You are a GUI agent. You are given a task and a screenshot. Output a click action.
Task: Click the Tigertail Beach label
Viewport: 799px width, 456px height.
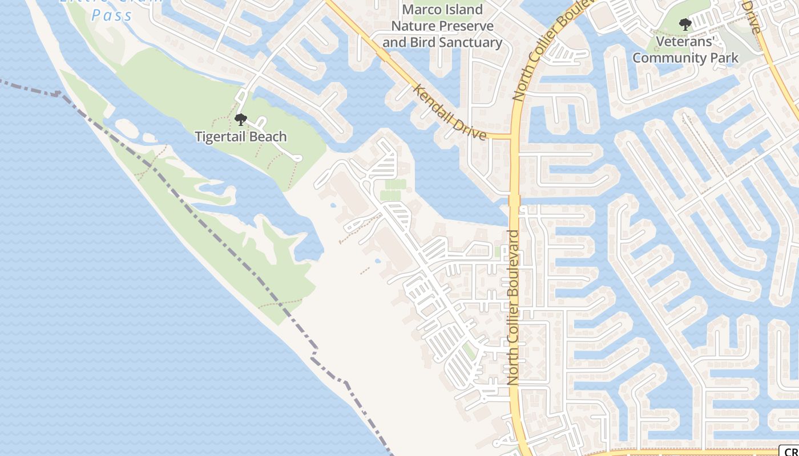pyautogui.click(x=240, y=137)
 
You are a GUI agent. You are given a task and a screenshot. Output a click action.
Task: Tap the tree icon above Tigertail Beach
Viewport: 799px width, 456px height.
pyautogui.click(x=240, y=120)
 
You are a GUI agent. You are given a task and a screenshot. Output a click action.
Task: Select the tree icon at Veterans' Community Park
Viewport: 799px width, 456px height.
pyautogui.click(x=685, y=25)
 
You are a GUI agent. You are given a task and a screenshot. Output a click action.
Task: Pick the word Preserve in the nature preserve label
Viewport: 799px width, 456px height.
pyautogui.click(x=466, y=26)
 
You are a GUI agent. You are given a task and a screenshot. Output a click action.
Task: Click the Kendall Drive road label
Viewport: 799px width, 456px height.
pyautogui.click(x=450, y=112)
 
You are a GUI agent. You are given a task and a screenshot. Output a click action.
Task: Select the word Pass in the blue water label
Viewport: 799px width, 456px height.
pyautogui.click(x=112, y=15)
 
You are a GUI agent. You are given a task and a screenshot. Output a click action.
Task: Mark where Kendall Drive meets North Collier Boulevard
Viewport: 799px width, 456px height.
pyautogui.click(x=513, y=137)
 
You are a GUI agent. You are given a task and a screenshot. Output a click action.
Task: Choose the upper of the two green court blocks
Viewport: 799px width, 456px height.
pyautogui.click(x=396, y=184)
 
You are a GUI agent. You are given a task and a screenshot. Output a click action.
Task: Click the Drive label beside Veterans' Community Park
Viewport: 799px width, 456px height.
pyautogui.click(x=753, y=17)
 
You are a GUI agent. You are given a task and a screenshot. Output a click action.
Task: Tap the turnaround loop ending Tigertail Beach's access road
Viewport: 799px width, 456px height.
pyautogui.click(x=296, y=158)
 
